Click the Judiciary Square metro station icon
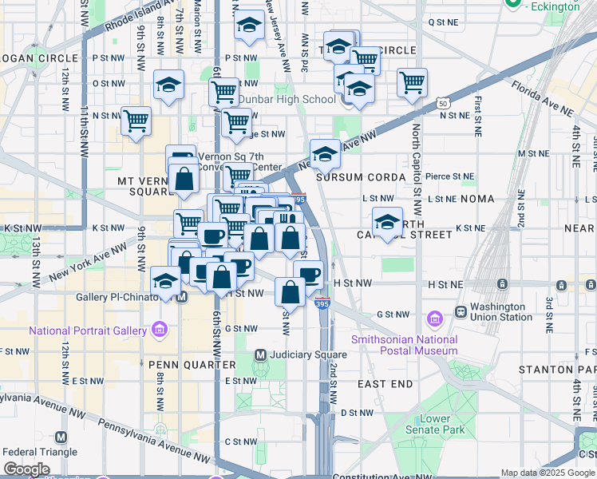[x=260, y=354]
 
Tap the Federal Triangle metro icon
[x=61, y=437]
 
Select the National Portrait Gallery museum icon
[x=160, y=330]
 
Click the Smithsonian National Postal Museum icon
[x=434, y=320]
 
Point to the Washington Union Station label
[x=500, y=311]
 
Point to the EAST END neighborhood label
[x=385, y=384]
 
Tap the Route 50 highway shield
[x=443, y=102]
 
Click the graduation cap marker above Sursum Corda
[x=325, y=153]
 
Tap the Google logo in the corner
[x=26, y=469]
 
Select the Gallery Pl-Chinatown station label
[x=114, y=297]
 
